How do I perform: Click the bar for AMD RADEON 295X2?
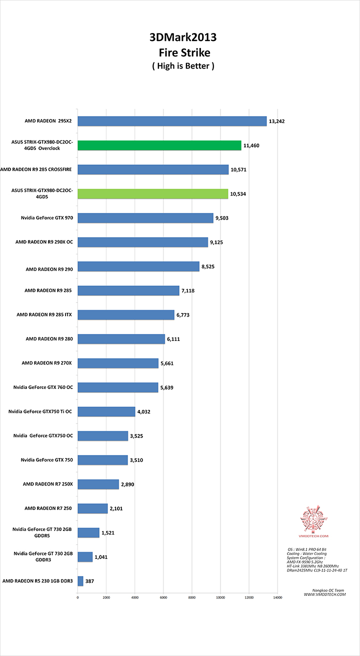coord(172,121)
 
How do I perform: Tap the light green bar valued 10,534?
coord(153,193)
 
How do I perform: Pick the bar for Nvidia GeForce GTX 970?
coord(145,217)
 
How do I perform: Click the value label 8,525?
coord(208,266)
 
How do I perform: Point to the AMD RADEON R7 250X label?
coord(47,484)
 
